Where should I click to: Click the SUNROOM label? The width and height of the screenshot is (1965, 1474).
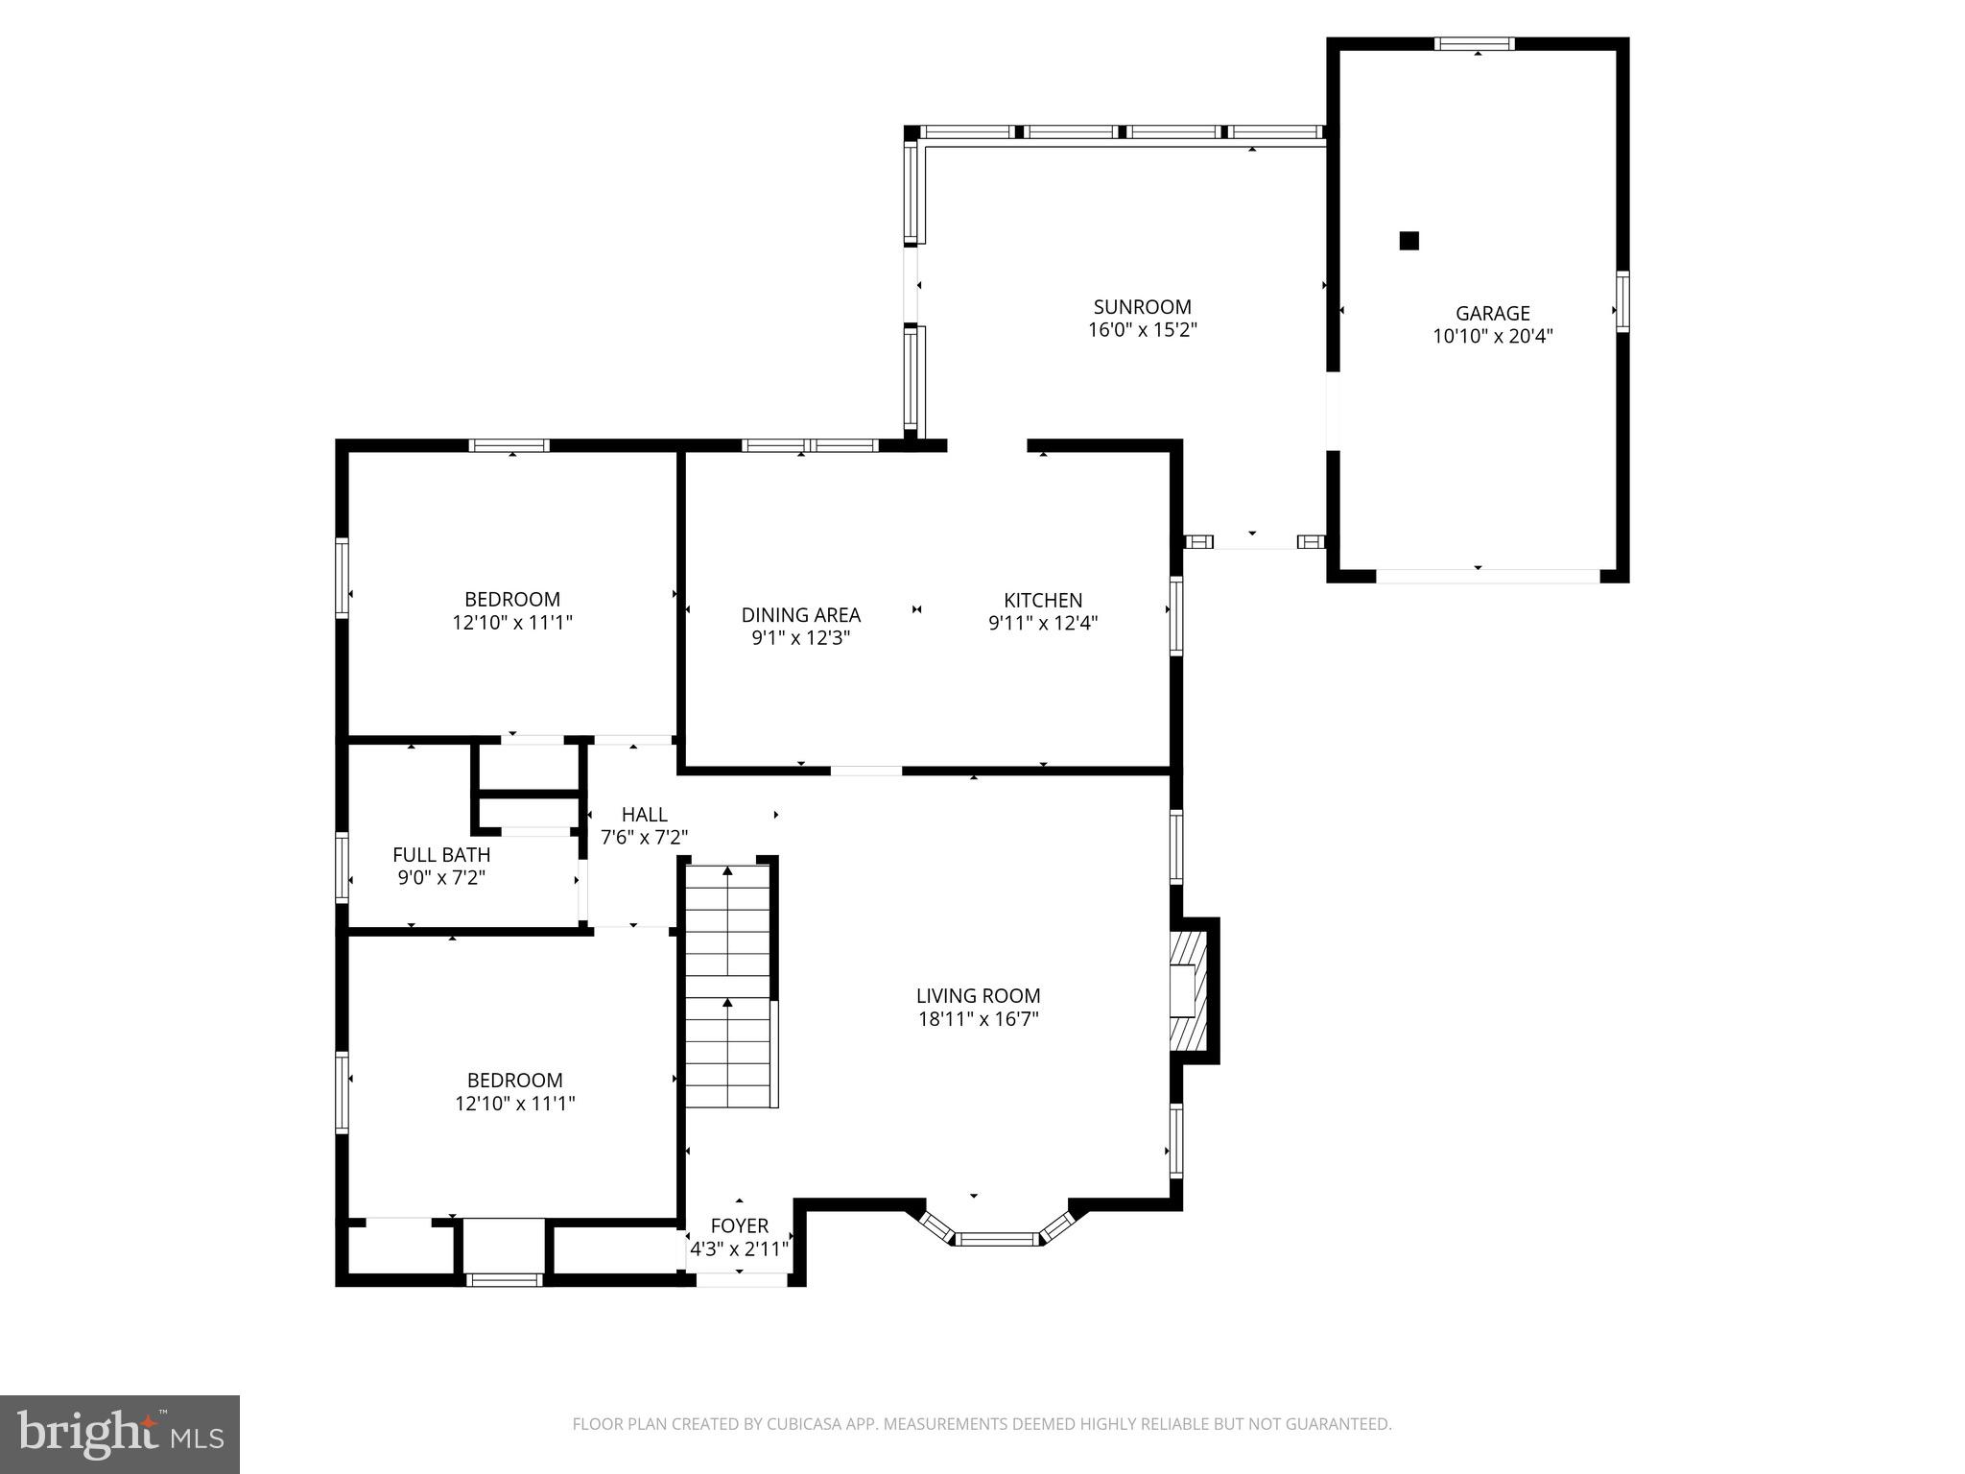(1142, 307)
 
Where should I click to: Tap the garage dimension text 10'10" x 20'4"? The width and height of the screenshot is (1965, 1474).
(1492, 337)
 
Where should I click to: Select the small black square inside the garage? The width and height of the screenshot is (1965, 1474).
(1409, 241)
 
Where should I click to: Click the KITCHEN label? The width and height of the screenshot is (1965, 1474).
(1043, 600)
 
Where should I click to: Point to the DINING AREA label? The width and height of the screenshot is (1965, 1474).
(800, 615)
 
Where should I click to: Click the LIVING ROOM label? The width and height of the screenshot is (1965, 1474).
(978, 996)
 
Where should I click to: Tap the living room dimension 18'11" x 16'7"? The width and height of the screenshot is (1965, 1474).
(978, 1019)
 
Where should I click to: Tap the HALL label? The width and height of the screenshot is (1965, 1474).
(644, 815)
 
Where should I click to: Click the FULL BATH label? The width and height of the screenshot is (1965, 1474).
(441, 854)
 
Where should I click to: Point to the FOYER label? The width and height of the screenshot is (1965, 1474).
(739, 1225)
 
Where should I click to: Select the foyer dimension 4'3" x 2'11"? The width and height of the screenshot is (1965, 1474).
(739, 1249)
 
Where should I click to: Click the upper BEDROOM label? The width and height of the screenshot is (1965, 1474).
(512, 600)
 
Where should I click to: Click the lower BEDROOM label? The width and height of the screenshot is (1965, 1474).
(514, 1081)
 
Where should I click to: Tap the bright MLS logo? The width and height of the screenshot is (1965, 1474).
(120, 1434)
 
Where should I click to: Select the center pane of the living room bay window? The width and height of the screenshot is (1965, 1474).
(998, 1239)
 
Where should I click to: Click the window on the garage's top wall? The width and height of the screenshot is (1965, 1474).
(1475, 43)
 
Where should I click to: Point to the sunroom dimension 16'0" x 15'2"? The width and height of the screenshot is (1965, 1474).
(1142, 331)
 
